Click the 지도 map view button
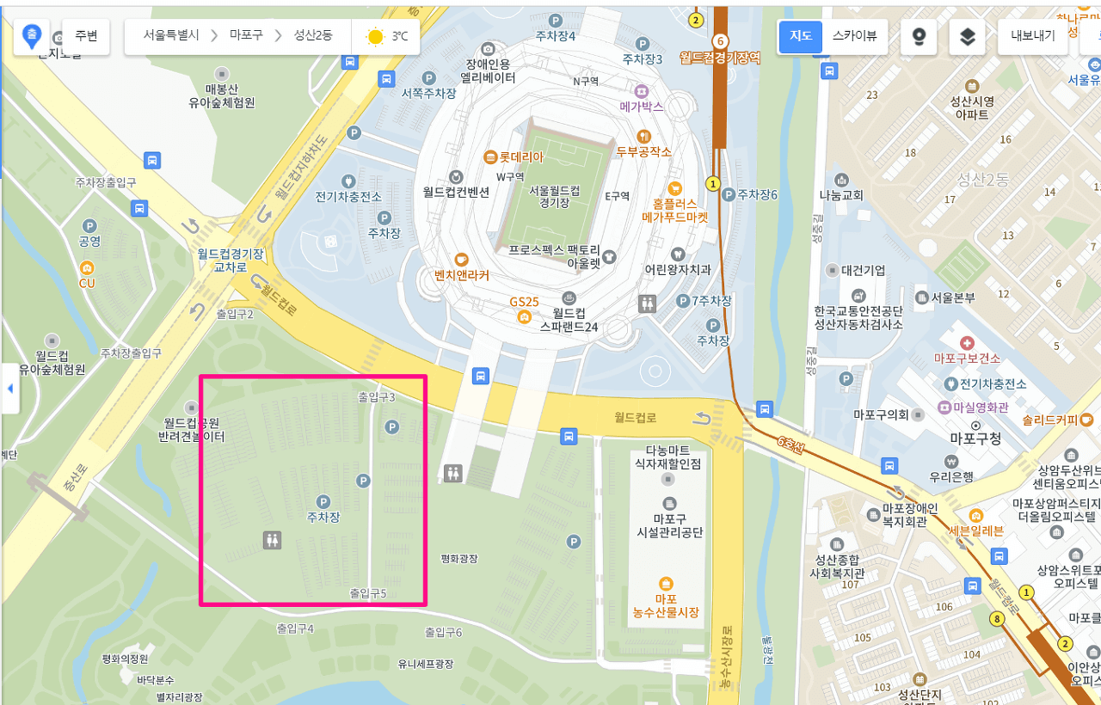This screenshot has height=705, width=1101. pyautogui.click(x=801, y=36)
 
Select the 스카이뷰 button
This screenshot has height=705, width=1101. pyautogui.click(x=854, y=36)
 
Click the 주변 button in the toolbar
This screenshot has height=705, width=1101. pyautogui.click(x=86, y=36)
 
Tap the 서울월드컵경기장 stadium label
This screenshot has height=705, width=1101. pyautogui.click(x=554, y=196)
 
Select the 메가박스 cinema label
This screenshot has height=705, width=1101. pyautogui.click(x=642, y=107)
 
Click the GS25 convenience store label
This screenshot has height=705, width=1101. pyautogui.click(x=523, y=303)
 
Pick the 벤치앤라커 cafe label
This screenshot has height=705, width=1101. pyautogui.click(x=462, y=275)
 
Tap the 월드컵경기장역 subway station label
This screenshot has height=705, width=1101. pyautogui.click(x=720, y=57)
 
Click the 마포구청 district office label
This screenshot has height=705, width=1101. pyautogui.click(x=975, y=438)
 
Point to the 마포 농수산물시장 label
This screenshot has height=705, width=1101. pyautogui.click(x=665, y=605)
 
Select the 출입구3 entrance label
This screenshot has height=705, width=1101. pyautogui.click(x=376, y=397)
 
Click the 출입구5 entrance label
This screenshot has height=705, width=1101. pyautogui.click(x=367, y=593)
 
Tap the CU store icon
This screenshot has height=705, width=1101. pyautogui.click(x=87, y=268)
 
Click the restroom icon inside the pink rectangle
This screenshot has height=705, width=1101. pyautogui.click(x=272, y=540)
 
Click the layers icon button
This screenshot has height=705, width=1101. pyautogui.click(x=967, y=37)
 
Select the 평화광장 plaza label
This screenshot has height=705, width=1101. pyautogui.click(x=458, y=559)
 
